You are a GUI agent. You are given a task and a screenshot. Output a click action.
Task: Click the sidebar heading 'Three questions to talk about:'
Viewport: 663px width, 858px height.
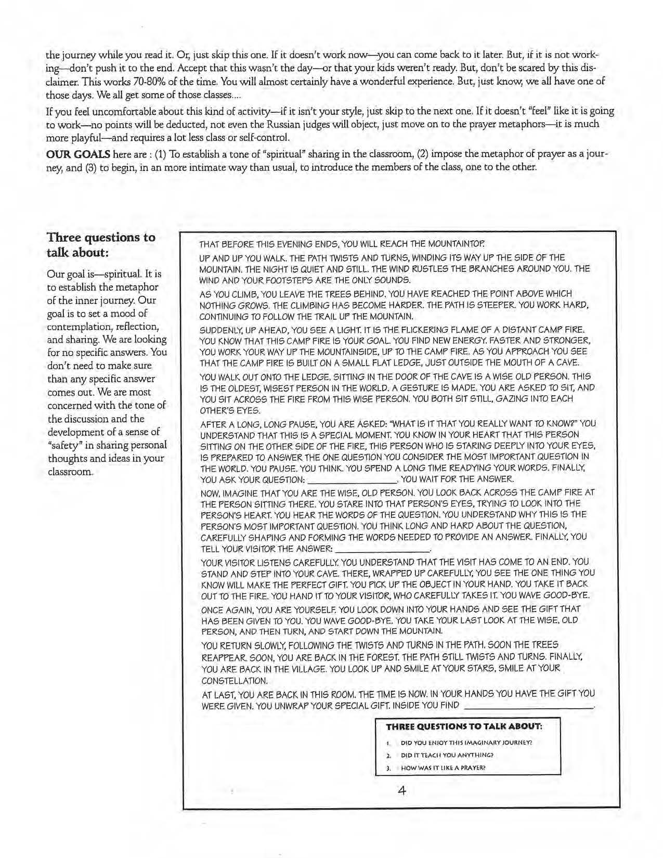[101, 244]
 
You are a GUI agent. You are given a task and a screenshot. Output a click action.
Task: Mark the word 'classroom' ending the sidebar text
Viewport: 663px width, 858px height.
[69, 472]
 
